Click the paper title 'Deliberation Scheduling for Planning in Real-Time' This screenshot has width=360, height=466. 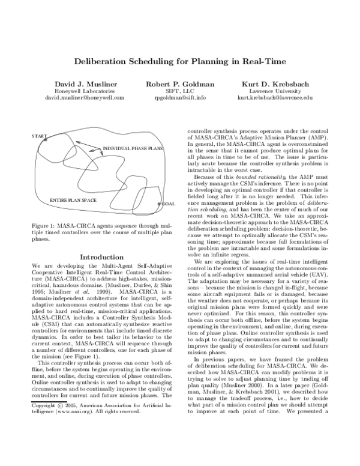click(180, 61)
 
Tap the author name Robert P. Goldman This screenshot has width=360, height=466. click(179, 83)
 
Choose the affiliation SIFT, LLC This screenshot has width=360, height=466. click(179, 90)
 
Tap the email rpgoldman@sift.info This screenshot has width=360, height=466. click(179, 97)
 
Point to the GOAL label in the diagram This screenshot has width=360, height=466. click(169, 204)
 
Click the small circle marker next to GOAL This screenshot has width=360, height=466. click(158, 204)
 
